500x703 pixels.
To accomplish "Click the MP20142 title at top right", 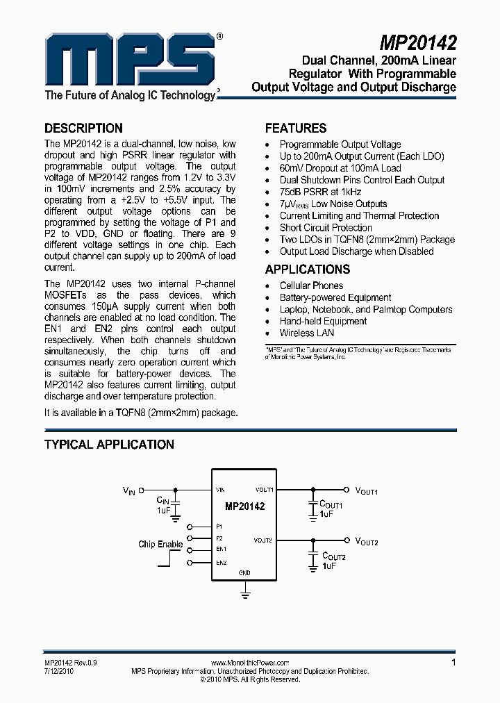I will (419, 43).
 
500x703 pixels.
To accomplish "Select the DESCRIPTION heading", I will (83, 128).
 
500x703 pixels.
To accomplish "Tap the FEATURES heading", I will (296, 128).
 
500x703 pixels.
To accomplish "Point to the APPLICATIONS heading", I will (308, 270).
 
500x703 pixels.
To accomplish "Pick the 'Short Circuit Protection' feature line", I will (326, 227).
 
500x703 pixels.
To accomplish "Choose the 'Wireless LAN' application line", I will (306, 333).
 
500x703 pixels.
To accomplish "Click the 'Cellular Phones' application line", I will (311, 286).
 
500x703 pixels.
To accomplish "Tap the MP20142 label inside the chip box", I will (244, 506).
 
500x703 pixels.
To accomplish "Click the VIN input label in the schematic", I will (130, 490).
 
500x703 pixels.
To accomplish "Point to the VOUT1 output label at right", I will (367, 490).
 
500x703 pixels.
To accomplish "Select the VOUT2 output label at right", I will (367, 541).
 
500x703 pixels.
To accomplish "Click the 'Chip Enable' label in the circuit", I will (160, 544).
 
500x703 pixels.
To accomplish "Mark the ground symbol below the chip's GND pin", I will (244, 593).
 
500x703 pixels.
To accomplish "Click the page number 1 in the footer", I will (453, 662).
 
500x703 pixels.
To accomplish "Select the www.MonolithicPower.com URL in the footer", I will (249, 663).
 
